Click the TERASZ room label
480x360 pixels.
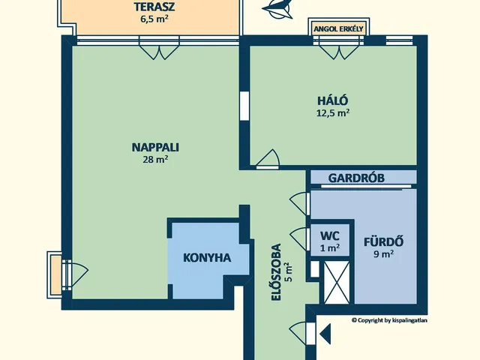tap(154, 7)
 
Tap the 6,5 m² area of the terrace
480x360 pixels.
tap(154, 19)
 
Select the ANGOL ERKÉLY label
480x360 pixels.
tap(338, 29)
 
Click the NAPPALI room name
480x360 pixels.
tap(155, 148)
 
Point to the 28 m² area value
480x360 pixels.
tap(155, 160)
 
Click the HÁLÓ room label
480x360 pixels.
tap(333, 100)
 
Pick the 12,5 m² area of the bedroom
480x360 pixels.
tap(333, 113)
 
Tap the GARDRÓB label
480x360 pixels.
tap(356, 178)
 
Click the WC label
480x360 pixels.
tap(330, 236)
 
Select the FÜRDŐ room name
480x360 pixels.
tap(383, 241)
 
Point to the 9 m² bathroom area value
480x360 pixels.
tap(383, 253)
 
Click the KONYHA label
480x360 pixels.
tap(207, 258)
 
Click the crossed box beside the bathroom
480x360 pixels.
tap(337, 283)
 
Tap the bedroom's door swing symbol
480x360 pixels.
tap(268, 159)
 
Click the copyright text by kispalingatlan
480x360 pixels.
tap(389, 320)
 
